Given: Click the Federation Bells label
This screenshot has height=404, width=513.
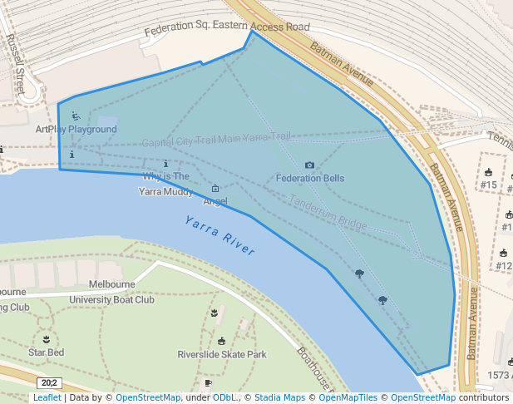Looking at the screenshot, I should click(310, 178).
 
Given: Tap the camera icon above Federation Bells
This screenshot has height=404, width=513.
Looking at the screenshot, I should click(310, 165).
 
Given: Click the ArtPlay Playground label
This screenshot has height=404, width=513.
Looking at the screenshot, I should click(76, 130).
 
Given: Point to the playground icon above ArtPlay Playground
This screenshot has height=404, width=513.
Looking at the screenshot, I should click(76, 116).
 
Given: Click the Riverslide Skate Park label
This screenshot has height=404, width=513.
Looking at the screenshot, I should click(222, 354).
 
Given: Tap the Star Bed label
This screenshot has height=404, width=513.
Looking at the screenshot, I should click(46, 352).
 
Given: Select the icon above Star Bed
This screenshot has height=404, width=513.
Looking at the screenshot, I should click(46, 339).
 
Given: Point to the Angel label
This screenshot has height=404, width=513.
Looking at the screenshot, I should click(215, 201).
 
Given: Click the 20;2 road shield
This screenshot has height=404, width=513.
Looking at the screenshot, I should click(48, 382).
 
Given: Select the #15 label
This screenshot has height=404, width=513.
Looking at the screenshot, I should click(489, 185).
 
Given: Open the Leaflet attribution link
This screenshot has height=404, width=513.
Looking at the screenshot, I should click(47, 398).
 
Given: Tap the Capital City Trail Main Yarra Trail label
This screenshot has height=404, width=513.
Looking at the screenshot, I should click(216, 140).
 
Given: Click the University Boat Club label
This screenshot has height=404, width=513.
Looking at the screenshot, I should click(111, 299).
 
